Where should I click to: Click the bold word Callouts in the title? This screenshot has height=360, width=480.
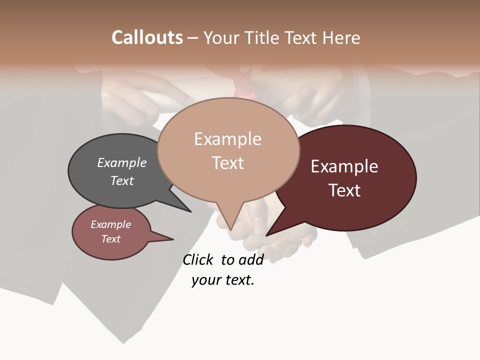click(x=147, y=37)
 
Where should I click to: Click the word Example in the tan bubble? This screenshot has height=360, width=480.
click(x=227, y=139)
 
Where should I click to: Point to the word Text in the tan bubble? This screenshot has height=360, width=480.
click(x=227, y=163)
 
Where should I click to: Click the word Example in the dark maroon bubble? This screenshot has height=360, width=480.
click(x=344, y=166)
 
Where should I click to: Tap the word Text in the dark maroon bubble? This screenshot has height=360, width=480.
click(x=344, y=190)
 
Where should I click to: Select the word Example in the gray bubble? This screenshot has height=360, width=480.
click(x=122, y=163)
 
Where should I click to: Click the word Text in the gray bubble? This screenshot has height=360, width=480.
click(x=122, y=180)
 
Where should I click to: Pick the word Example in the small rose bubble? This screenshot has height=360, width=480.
click(x=110, y=224)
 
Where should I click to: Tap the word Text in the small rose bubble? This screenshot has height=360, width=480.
click(x=110, y=239)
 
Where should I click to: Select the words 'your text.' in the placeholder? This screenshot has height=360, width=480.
click(x=223, y=280)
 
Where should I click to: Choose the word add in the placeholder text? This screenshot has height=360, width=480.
click(x=251, y=259)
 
